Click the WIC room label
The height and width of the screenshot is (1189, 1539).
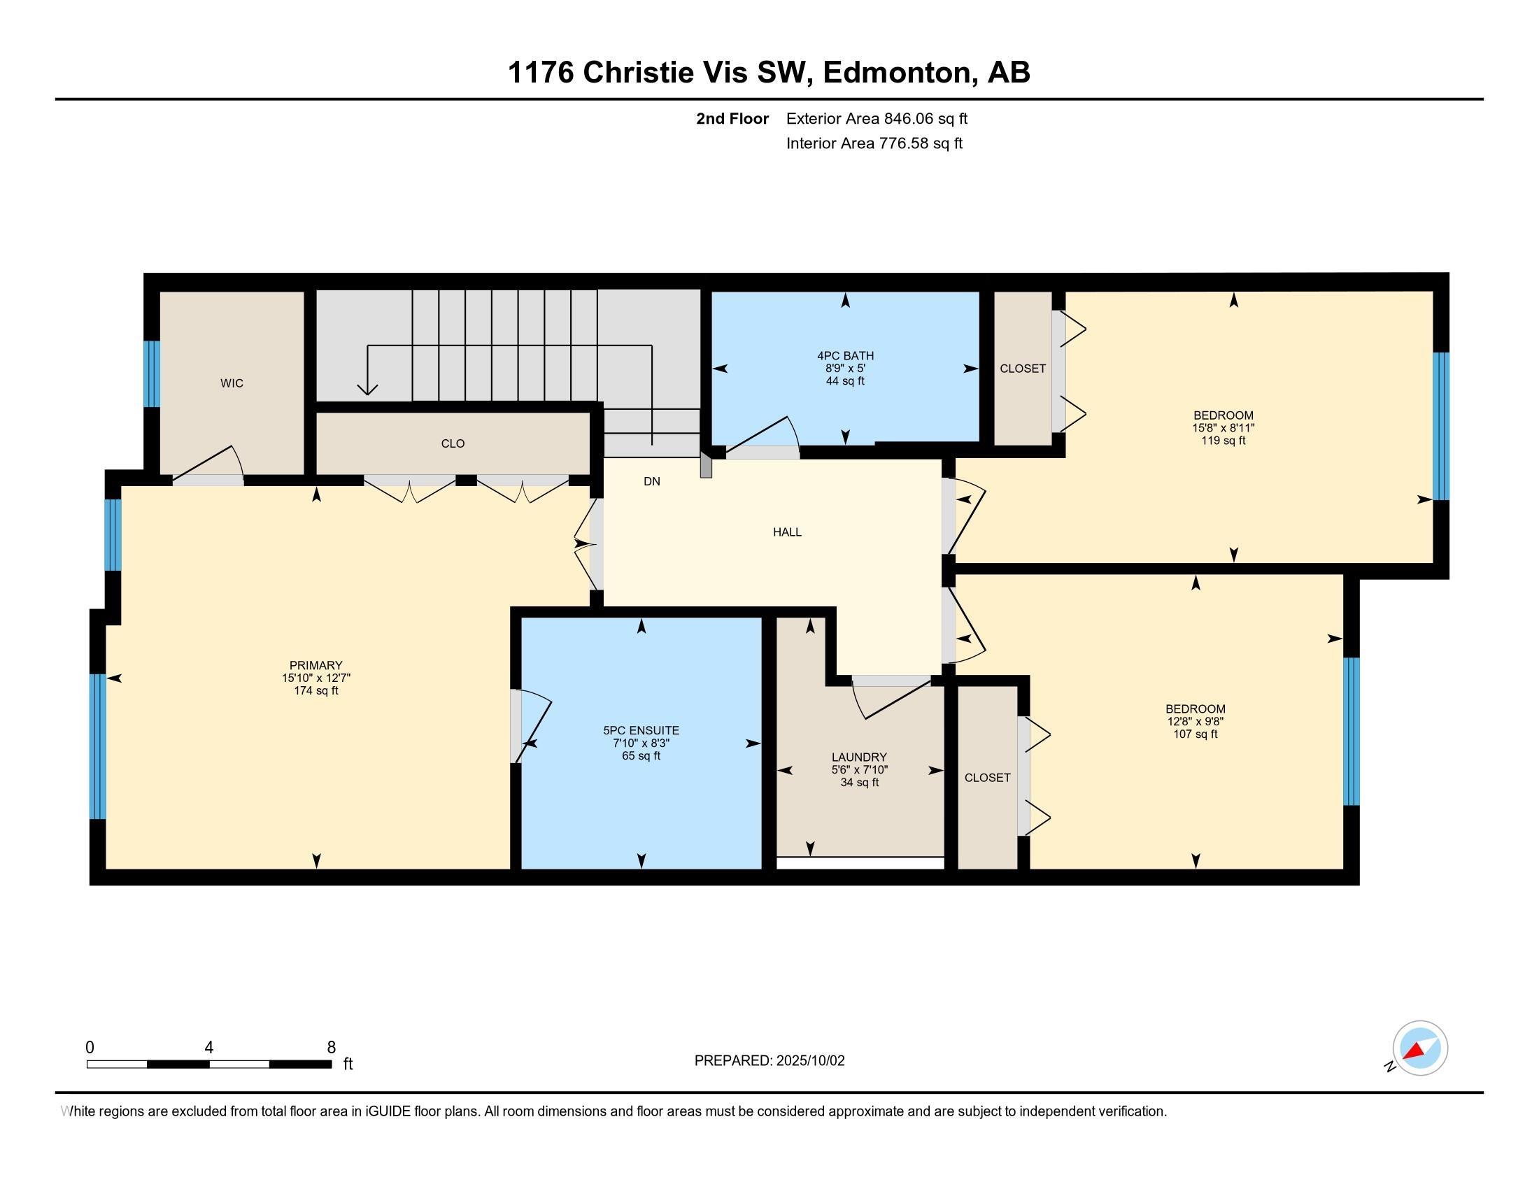[232, 383]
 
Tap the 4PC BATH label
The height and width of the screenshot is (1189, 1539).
[846, 356]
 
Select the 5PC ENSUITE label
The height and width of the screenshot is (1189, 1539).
[641, 730]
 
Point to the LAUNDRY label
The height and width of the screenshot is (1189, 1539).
[859, 757]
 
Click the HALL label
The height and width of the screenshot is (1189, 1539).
[787, 532]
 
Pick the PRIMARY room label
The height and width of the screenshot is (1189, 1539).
[315, 665]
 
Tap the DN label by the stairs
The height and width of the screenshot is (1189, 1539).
[652, 481]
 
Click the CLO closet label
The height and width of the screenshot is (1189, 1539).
[453, 443]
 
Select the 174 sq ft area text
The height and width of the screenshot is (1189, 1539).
[315, 690]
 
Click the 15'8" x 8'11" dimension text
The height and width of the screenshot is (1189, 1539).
[1224, 427]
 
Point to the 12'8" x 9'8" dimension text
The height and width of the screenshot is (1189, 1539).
[1195, 721]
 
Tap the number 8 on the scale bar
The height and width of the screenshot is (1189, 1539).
[331, 1047]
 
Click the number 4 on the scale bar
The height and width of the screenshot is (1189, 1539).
[208, 1047]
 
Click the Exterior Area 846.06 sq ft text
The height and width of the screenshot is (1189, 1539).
[877, 118]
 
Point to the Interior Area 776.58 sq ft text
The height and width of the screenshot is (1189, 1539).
[874, 143]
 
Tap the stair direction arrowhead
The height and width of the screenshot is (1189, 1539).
[367, 390]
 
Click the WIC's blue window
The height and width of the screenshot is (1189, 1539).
[152, 374]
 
